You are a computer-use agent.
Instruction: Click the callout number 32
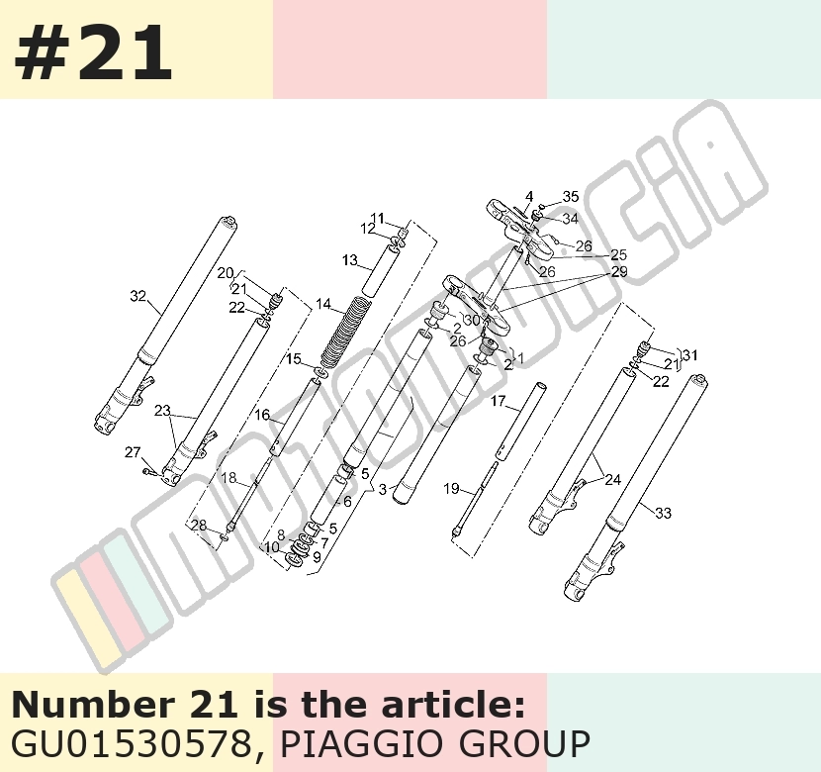point(137,296)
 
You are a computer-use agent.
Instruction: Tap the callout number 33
point(663,513)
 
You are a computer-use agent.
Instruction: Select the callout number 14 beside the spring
point(323,304)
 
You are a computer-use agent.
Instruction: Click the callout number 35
point(571,196)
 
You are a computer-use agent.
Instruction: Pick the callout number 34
point(570,218)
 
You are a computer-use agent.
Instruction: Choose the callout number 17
point(498,401)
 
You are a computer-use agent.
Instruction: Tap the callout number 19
point(451,489)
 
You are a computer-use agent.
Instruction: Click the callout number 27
point(133,451)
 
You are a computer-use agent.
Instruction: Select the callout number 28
point(199,525)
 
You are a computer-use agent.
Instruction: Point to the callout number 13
point(350,259)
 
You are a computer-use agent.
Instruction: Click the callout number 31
point(690,355)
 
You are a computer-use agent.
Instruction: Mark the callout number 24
point(612,479)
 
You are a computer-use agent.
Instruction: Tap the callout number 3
point(383,489)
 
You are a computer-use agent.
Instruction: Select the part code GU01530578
point(131,743)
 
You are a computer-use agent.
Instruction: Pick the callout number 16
point(262,415)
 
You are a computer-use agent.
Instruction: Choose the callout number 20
point(226,273)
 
